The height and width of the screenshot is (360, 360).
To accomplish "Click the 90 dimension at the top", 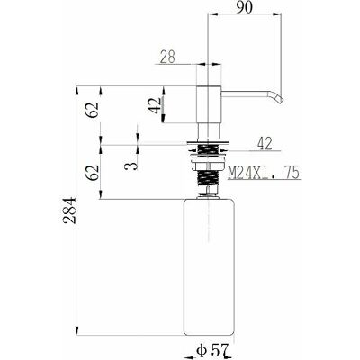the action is pyautogui.click(x=244, y=7).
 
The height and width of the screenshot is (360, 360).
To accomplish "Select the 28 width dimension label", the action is pyautogui.click(x=167, y=57).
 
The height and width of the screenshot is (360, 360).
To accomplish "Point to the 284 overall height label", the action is pyautogui.click(x=69, y=211).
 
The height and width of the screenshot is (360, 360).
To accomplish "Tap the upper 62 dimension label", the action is pyautogui.click(x=93, y=110).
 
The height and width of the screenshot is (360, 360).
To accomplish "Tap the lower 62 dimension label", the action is pyautogui.click(x=93, y=172).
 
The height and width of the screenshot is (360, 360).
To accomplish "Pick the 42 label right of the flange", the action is pyautogui.click(x=265, y=144).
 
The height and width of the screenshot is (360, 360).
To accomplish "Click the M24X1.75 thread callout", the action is pyautogui.click(x=264, y=173).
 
